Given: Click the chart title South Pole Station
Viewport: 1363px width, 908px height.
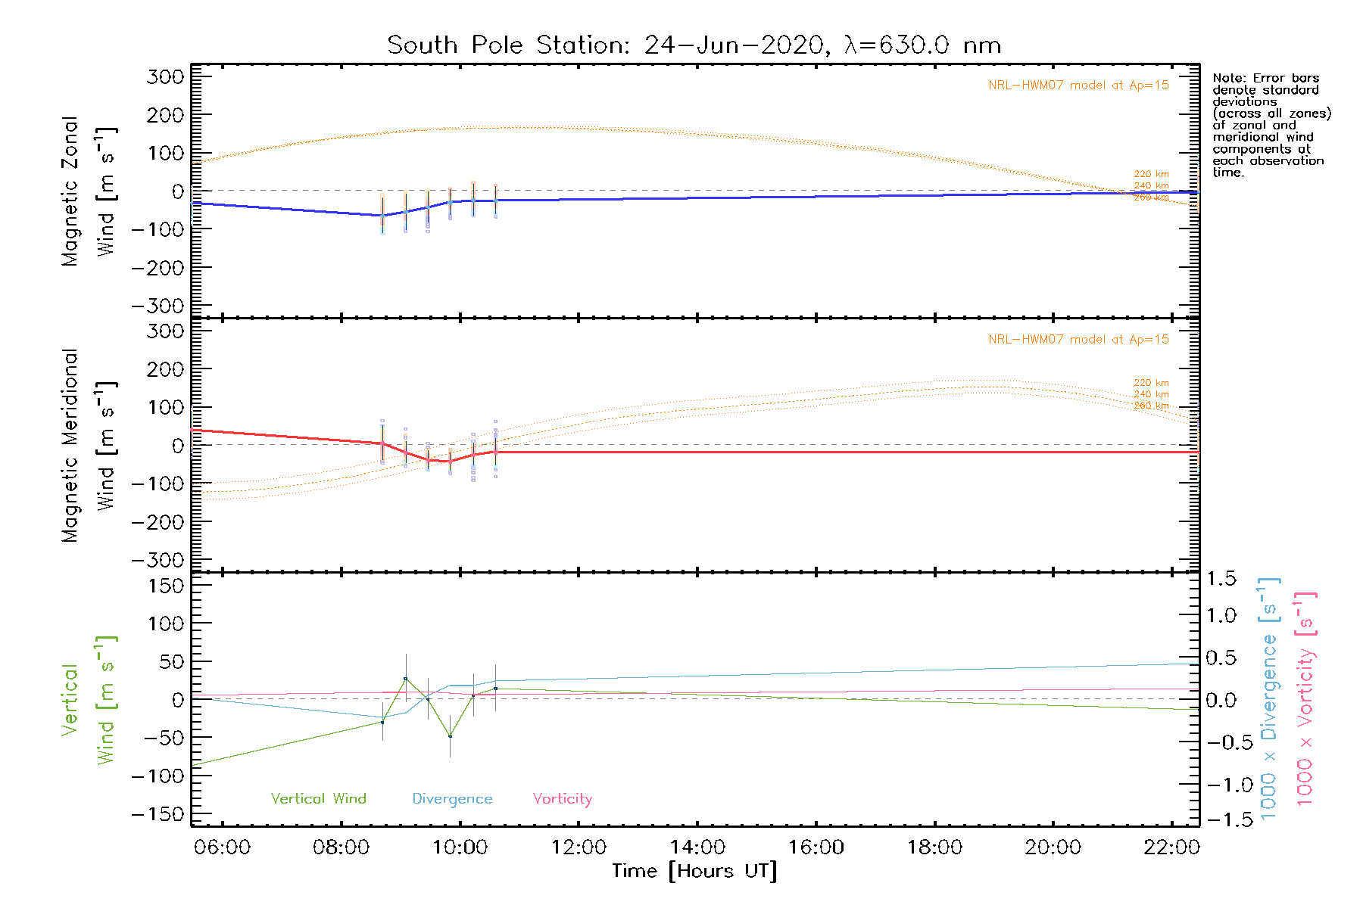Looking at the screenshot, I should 694,45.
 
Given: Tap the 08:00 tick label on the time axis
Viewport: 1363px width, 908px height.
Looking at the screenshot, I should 341,847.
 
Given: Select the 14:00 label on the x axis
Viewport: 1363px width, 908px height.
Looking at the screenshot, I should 697,847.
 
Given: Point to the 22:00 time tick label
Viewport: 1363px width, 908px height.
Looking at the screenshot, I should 1171,847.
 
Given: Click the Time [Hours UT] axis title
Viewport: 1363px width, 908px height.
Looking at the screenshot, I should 694,871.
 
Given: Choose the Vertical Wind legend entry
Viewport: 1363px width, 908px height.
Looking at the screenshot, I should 318,799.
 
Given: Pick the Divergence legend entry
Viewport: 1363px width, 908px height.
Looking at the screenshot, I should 452,799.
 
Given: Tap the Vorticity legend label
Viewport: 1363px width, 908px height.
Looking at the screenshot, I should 562,799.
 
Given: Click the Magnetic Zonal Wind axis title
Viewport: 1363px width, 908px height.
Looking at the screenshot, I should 89,191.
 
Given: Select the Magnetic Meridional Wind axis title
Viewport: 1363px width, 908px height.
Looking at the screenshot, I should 89,446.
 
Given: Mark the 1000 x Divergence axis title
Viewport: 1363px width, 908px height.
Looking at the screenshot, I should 1268,698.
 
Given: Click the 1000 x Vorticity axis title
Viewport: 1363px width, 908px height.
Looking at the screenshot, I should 1305,698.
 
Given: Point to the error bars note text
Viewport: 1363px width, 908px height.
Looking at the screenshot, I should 1271,125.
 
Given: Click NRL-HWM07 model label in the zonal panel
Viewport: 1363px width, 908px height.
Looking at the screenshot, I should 1078,86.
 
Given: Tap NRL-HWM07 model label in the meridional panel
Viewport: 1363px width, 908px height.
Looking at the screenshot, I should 1078,340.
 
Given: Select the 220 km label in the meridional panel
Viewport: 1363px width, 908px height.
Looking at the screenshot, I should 1151,383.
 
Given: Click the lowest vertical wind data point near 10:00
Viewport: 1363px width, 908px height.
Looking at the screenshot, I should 450,736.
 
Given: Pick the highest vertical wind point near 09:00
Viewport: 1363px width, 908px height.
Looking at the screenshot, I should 406,679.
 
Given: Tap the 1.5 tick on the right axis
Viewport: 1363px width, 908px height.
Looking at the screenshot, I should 1221,580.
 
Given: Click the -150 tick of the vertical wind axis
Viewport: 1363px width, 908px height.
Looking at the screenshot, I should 158,814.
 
